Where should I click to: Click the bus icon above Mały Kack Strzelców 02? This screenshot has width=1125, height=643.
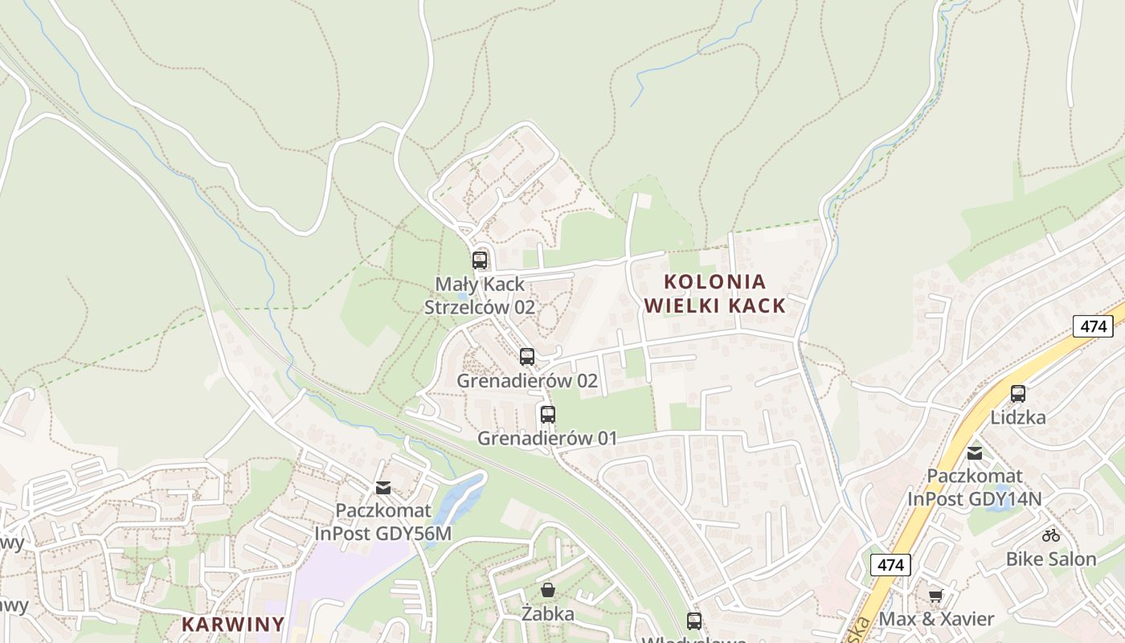pyautogui.click(x=480, y=260)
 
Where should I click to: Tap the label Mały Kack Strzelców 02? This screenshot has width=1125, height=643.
pyautogui.click(x=480, y=295)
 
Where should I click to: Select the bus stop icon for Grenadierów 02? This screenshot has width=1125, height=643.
pyautogui.click(x=527, y=357)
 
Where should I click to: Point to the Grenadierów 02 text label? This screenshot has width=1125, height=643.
pyautogui.click(x=527, y=380)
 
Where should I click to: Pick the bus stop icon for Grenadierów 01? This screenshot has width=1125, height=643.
pyautogui.click(x=548, y=415)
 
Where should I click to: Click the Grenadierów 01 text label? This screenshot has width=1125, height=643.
pyautogui.click(x=547, y=438)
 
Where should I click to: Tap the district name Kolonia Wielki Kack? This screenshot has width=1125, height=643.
pyautogui.click(x=714, y=293)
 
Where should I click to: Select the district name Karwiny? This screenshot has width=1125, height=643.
pyautogui.click(x=233, y=624)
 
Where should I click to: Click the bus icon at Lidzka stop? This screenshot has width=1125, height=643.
pyautogui.click(x=1018, y=394)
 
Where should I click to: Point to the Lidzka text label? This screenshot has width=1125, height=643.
pyautogui.click(x=1018, y=417)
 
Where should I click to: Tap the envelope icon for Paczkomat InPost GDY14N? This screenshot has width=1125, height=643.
pyautogui.click(x=975, y=453)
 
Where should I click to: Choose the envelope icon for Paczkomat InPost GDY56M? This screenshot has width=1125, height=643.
pyautogui.click(x=383, y=488)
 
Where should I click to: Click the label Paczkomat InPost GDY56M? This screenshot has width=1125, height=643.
pyautogui.click(x=383, y=522)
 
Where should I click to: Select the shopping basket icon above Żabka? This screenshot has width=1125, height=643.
pyautogui.click(x=548, y=591)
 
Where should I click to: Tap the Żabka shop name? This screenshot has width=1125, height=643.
pyautogui.click(x=548, y=614)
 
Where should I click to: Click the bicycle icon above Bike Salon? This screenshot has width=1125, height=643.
pyautogui.click(x=1051, y=535)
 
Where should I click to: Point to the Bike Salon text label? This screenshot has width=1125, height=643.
pyautogui.click(x=1051, y=559)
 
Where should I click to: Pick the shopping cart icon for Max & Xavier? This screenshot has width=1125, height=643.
pyautogui.click(x=935, y=596)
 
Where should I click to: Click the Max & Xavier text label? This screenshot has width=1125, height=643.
pyautogui.click(x=936, y=619)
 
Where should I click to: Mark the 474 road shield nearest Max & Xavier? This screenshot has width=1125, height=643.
pyautogui.click(x=890, y=565)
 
